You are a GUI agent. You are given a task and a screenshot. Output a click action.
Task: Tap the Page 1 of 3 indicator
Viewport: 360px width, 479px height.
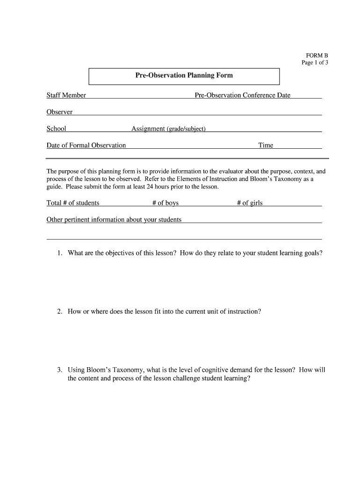click(x=315, y=63)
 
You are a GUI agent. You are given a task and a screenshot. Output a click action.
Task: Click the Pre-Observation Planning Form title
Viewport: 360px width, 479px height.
click(x=184, y=75)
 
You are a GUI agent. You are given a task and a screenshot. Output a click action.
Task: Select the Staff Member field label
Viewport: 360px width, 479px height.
click(x=66, y=95)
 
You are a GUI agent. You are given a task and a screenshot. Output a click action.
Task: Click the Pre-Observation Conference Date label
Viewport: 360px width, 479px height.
click(x=242, y=95)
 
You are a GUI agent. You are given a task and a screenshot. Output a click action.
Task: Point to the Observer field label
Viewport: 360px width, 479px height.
click(x=59, y=112)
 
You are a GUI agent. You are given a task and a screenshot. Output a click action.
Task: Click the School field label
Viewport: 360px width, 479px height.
click(x=56, y=129)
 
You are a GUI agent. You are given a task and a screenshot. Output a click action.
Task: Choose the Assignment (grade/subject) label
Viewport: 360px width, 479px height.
click(x=168, y=129)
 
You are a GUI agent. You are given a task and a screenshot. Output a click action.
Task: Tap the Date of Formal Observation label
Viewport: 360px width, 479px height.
click(x=86, y=145)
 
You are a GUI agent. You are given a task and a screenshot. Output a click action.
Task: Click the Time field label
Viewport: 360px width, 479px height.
click(x=266, y=145)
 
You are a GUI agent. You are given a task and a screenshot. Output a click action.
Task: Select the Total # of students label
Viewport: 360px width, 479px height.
click(x=72, y=203)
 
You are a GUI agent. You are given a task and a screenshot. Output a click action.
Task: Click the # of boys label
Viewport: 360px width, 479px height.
click(x=165, y=203)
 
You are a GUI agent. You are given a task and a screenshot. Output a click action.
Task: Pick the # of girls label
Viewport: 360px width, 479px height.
click(x=250, y=203)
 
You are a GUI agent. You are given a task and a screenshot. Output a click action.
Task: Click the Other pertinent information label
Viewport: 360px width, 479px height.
click(x=114, y=220)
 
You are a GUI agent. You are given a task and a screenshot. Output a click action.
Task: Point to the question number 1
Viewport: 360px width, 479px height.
click(x=59, y=253)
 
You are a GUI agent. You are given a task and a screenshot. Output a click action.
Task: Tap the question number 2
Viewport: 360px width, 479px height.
click(x=59, y=311)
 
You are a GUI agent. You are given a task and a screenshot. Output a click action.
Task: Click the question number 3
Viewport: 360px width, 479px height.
click(x=59, y=370)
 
